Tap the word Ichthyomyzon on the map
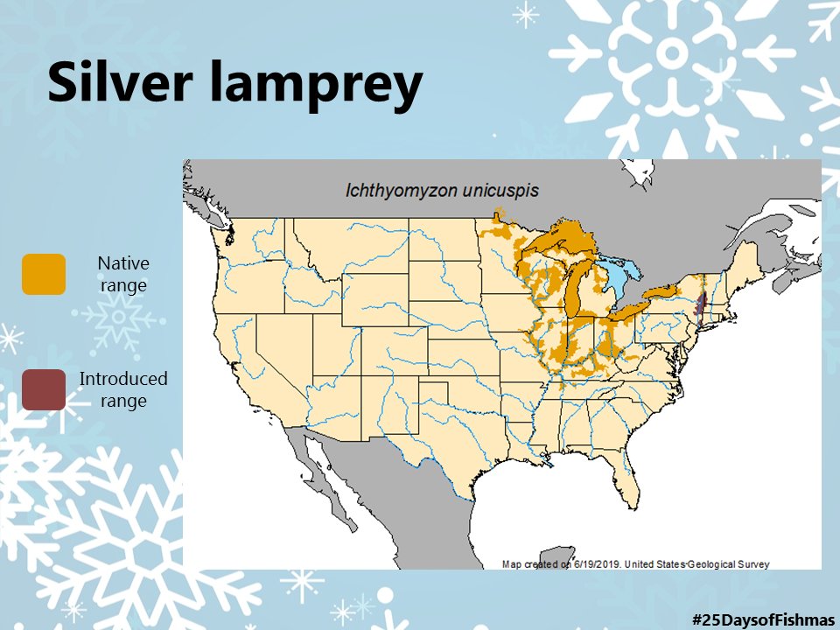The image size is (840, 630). (392, 190)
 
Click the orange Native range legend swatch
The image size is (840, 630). (44, 274)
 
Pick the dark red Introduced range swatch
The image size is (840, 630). (44, 389)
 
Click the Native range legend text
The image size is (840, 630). (123, 274)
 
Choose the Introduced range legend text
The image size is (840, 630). (123, 389)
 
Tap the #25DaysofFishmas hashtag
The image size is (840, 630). (763, 619)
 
